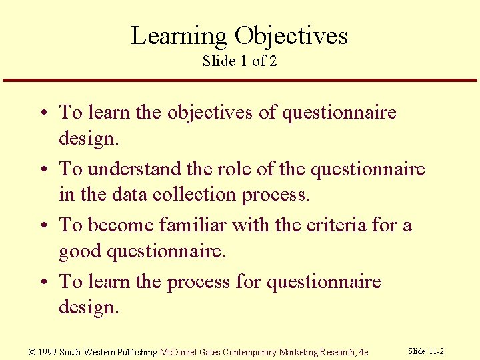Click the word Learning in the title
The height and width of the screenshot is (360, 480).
click(x=179, y=36)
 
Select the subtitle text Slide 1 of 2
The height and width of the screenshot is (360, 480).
click(x=239, y=61)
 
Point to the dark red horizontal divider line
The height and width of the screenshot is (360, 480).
click(x=239, y=81)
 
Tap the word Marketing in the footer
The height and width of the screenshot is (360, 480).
click(x=297, y=352)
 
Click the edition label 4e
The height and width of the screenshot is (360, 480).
click(x=363, y=352)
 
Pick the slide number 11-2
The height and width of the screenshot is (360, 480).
click(x=436, y=351)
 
